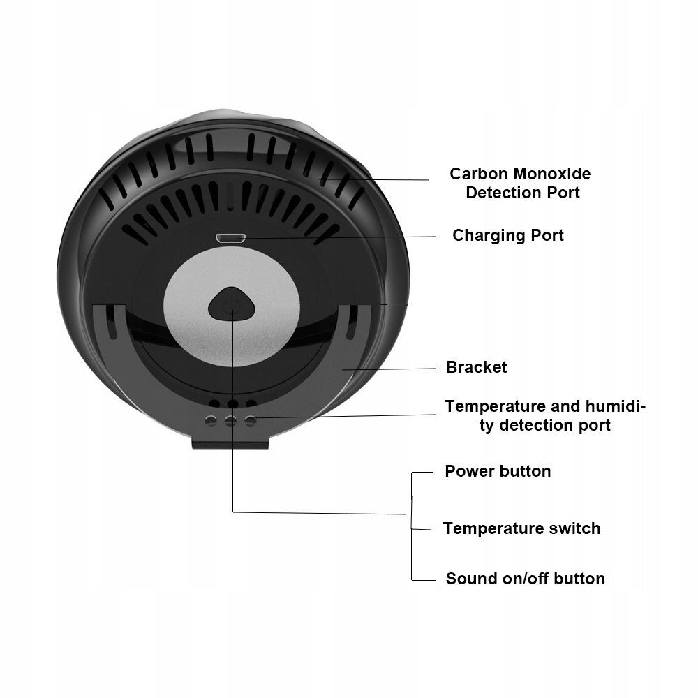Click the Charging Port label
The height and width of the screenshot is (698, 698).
coord(507,235)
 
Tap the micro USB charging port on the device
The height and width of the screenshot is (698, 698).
coord(230,239)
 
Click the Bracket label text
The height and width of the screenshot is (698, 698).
coord(476,367)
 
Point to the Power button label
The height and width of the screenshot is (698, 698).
coord(498,471)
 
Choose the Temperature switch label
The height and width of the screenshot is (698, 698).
coord(521,528)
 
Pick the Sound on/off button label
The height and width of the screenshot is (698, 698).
coord(525,579)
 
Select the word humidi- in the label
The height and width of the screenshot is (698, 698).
coord(612,406)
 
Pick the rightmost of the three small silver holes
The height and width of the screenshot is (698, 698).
coord(251,420)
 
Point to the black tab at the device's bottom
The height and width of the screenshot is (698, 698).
coord(230,442)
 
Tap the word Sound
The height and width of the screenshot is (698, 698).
coord(469,579)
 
